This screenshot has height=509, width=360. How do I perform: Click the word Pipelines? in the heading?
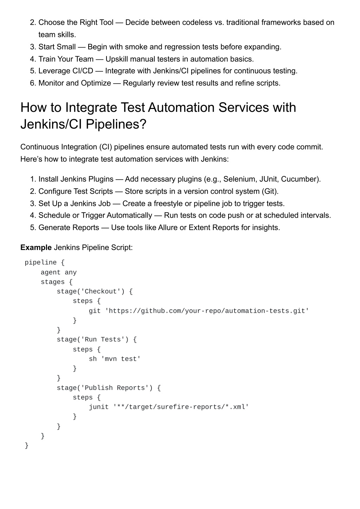[116, 124]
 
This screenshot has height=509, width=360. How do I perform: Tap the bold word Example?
[36, 247]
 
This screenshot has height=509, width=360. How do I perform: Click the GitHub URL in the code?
[207, 311]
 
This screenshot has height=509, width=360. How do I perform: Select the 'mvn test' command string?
[121, 359]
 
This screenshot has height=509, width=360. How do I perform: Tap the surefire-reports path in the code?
[181, 407]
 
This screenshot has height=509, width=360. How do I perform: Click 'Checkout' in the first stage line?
[101, 291]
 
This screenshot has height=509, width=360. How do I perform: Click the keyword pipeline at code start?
[41, 263]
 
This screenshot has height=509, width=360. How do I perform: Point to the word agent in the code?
[51, 272]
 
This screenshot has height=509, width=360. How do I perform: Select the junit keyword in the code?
[99, 407]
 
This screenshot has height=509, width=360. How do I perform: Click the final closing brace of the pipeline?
[27, 445]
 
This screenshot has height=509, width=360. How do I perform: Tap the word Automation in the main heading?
[181, 107]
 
